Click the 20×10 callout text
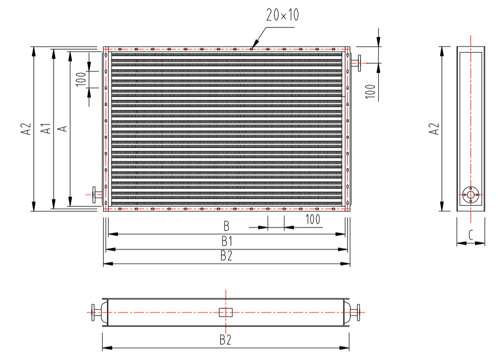pyautogui.click(x=282, y=15)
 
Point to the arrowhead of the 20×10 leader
pyautogui.click(x=252, y=49)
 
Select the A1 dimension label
pyautogui.click(x=46, y=129)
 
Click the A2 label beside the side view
pyautogui.click(x=434, y=129)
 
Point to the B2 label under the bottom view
pyautogui.click(x=226, y=340)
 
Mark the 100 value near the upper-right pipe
pyautogui.click(x=371, y=90)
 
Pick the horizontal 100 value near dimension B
pyautogui.click(x=312, y=220)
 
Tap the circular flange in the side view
pyautogui.click(x=470, y=194)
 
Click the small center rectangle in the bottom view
pyautogui.click(x=226, y=312)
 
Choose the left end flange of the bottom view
pyautogui.click(x=94, y=312)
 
